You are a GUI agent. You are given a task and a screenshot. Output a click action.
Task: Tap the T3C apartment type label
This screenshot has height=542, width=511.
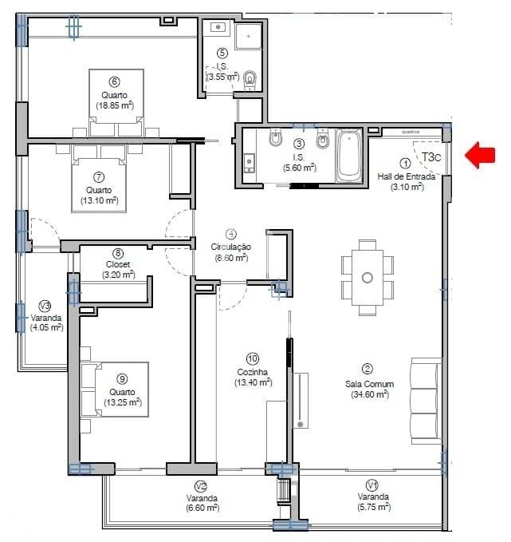(x=431, y=158)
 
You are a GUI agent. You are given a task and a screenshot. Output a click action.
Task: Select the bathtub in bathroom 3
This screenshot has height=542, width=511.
(x=350, y=156)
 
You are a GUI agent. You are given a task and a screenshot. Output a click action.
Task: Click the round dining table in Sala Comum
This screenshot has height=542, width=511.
(x=367, y=277)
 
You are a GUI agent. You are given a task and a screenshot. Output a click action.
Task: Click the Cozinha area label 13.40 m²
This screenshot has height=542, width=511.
(x=254, y=382)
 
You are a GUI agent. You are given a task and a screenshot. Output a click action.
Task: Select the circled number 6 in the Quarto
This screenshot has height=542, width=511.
(x=114, y=81)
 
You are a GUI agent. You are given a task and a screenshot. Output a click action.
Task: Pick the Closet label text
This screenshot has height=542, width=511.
(x=118, y=263)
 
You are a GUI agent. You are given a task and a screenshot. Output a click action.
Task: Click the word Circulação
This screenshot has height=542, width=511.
(x=231, y=247)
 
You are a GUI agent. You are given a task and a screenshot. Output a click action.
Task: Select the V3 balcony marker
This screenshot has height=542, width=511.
(x=45, y=306)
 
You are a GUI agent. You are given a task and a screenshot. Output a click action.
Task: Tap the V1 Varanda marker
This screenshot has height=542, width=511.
(x=371, y=485)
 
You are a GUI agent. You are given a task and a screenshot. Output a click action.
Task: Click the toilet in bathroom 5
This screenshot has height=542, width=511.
(x=250, y=78)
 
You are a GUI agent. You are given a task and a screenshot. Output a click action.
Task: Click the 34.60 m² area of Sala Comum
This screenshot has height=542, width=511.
(x=368, y=394)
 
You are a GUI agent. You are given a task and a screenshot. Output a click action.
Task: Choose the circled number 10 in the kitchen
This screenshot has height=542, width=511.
(x=254, y=358)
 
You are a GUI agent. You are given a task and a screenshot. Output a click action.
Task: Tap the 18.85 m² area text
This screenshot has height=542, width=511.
(x=114, y=105)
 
